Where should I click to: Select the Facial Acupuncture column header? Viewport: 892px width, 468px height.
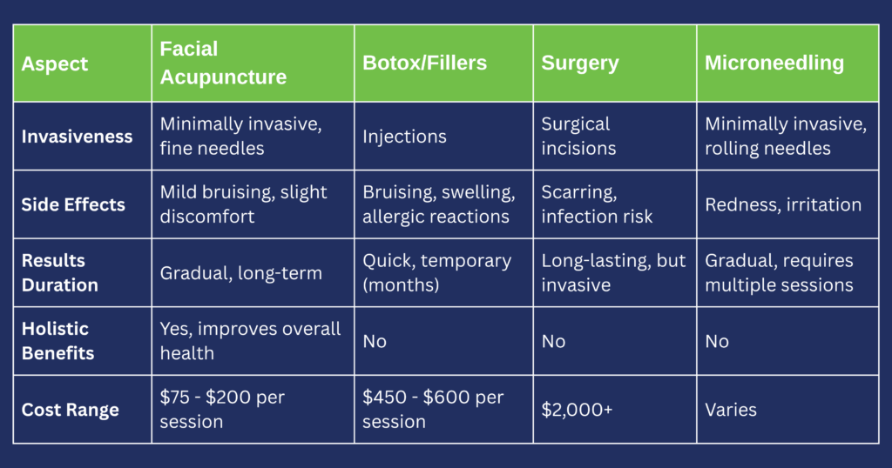[223, 64]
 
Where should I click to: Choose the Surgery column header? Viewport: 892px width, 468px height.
[579, 64]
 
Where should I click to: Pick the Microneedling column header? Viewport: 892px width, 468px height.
[774, 64]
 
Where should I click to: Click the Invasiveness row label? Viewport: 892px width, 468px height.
[77, 137]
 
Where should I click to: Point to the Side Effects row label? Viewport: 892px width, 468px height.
[73, 205]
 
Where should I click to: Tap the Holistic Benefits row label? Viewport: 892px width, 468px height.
[57, 341]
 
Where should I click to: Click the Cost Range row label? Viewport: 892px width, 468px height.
[70, 410]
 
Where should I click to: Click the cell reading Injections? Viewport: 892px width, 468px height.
[404, 137]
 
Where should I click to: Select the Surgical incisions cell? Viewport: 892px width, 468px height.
[578, 137]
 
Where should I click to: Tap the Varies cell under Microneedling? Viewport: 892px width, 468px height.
[729, 410]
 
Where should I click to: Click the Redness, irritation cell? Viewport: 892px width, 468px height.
[782, 205]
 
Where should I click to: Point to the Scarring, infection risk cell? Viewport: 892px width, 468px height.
[597, 205]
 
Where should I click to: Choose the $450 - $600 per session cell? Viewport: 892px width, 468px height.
[433, 410]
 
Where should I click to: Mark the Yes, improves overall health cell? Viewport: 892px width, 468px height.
[250, 341]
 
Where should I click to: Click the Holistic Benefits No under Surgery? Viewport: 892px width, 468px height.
[553, 341]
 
